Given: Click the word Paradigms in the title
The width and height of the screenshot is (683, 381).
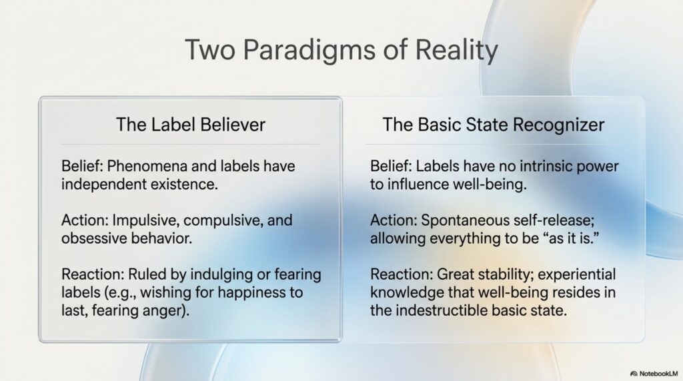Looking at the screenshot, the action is (x=309, y=50).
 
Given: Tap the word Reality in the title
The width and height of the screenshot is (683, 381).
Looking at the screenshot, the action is (x=456, y=50).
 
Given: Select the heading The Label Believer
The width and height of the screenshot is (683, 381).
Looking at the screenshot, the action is (x=190, y=125).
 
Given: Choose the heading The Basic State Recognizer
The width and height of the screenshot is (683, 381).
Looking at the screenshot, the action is (x=494, y=125).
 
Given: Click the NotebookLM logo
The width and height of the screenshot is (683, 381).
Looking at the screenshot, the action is (x=654, y=374).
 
